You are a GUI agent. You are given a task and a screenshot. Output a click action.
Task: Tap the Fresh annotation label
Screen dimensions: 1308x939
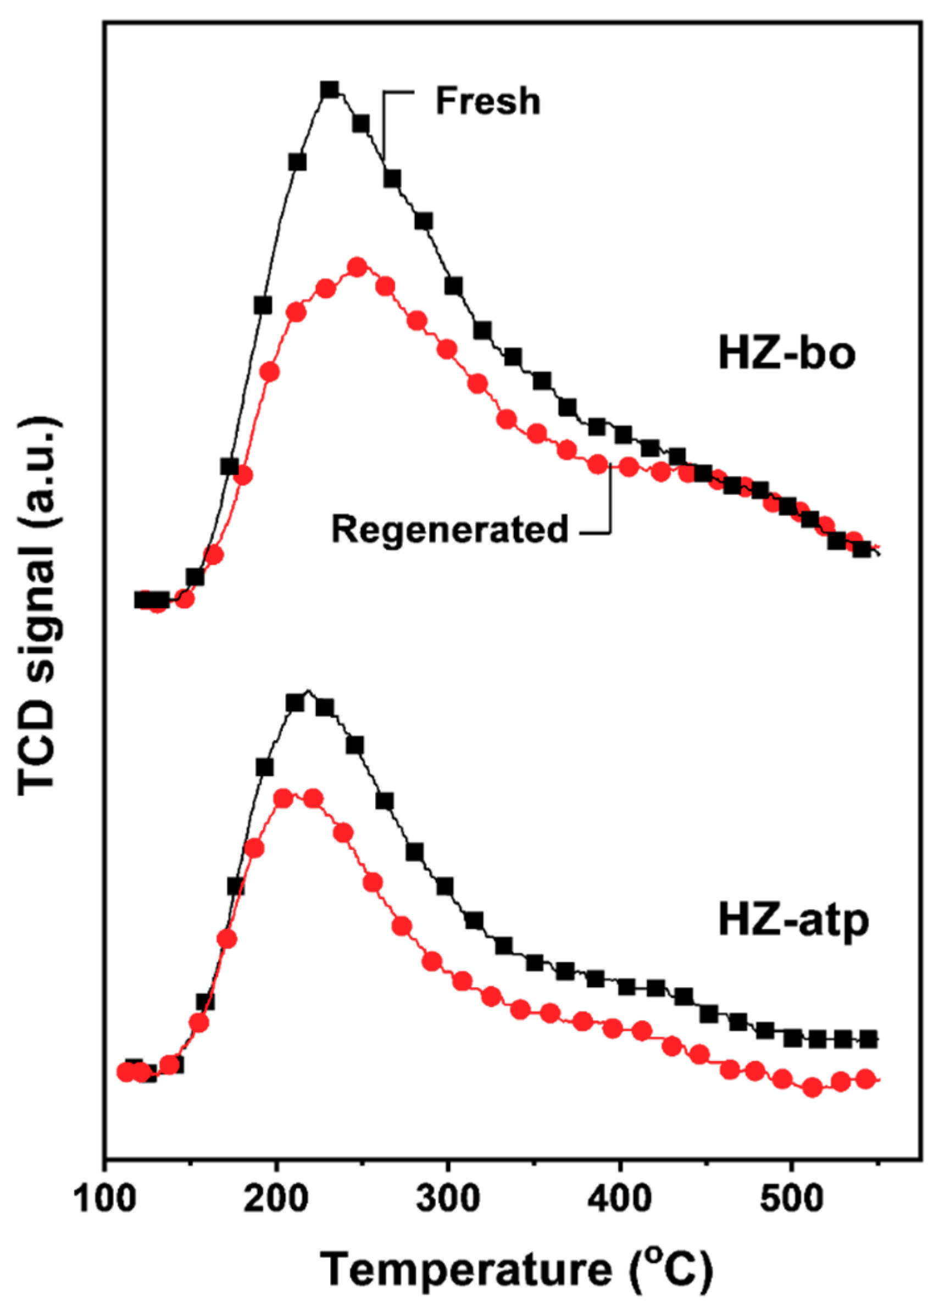(488, 101)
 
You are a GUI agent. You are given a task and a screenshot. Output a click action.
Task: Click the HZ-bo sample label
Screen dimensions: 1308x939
(787, 354)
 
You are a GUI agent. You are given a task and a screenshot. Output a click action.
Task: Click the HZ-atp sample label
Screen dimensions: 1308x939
(793, 921)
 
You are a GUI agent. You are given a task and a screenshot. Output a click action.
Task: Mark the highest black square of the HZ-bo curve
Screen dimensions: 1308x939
(329, 90)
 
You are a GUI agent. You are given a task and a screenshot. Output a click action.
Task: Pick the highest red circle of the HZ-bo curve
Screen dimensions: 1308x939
(358, 267)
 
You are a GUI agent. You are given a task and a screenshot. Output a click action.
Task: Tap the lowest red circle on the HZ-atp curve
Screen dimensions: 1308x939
(812, 1088)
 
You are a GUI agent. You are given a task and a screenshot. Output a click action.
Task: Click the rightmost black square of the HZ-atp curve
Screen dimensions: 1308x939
(869, 1039)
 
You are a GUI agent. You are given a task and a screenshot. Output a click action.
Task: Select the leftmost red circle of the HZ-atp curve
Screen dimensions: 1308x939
(126, 1072)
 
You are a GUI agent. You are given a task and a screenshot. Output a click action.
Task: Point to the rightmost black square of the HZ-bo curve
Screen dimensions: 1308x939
(861, 549)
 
